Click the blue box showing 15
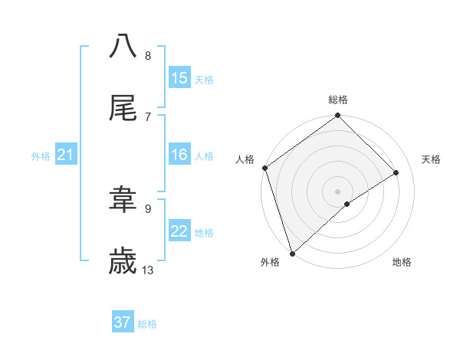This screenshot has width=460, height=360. [x=179, y=78]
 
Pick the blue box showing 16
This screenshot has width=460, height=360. [x=179, y=155]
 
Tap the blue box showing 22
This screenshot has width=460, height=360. [x=179, y=232]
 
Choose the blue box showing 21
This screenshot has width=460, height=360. [x=65, y=155]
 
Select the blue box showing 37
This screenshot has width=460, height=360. [x=123, y=322]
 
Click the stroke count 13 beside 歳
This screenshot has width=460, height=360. [x=148, y=270]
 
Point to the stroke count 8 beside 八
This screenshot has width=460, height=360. [x=148, y=55]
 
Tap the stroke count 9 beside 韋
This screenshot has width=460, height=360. [x=148, y=208]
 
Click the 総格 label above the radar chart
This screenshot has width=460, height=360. [x=338, y=100]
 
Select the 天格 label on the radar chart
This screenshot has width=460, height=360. [x=432, y=159]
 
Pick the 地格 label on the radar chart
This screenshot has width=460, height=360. [x=402, y=262]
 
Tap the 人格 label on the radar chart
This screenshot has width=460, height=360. [x=245, y=159]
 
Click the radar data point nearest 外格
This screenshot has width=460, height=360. [x=291, y=253]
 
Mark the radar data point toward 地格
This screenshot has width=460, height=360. [x=347, y=204]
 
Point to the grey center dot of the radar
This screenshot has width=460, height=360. [x=337, y=191]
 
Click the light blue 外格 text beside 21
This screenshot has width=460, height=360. [x=41, y=156]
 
